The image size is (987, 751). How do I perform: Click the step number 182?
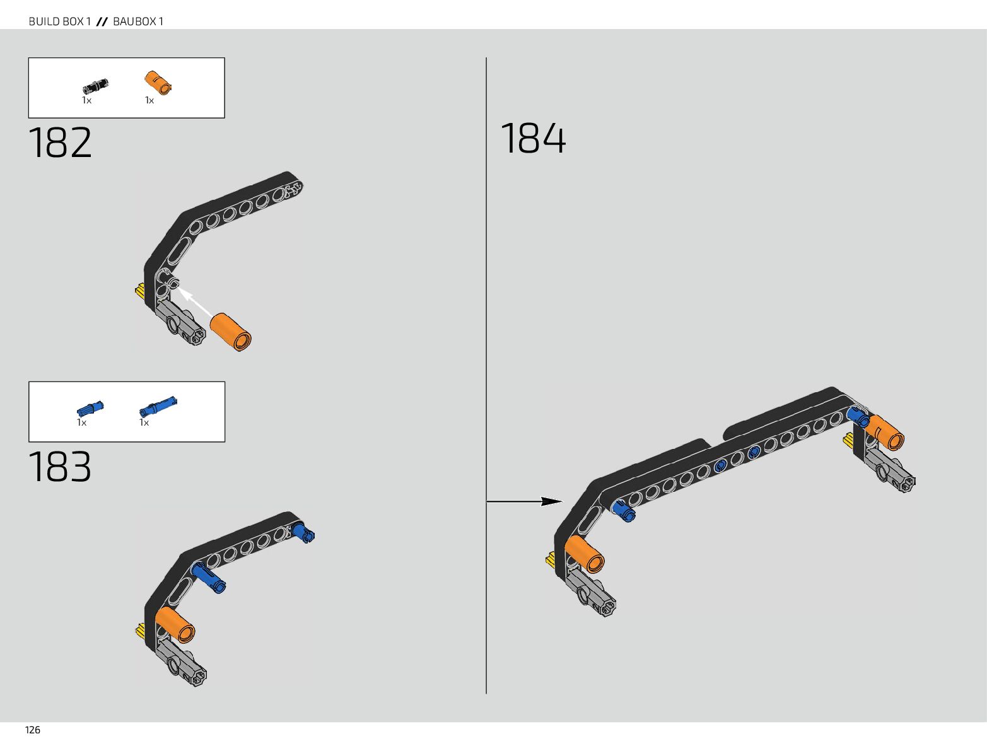(60, 143)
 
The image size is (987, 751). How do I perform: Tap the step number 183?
(60, 467)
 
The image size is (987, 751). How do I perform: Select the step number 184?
(533, 139)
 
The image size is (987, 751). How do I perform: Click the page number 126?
(33, 730)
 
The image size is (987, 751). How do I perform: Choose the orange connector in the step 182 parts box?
(158, 83)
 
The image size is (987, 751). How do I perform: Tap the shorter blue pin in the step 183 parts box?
(90, 408)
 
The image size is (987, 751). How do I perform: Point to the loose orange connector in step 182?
(231, 332)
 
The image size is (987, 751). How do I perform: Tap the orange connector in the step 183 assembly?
(175, 624)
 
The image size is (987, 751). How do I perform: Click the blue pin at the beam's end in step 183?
(303, 532)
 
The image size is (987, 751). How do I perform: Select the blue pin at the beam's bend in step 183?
(209, 577)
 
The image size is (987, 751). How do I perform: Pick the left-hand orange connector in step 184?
(585, 554)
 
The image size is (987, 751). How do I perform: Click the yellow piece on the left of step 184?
(551, 560)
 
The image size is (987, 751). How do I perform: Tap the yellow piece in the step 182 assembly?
(139, 291)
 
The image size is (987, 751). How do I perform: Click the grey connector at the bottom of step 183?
(183, 662)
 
